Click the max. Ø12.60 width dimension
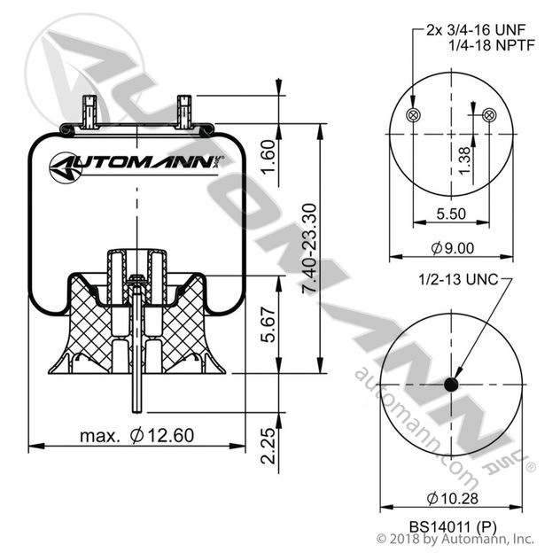tap(136, 435)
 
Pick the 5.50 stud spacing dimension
tap(452, 213)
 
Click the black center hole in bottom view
tap(452, 385)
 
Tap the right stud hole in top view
tap(491, 116)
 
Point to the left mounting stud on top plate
tap(89, 112)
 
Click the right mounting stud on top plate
tap(184, 112)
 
